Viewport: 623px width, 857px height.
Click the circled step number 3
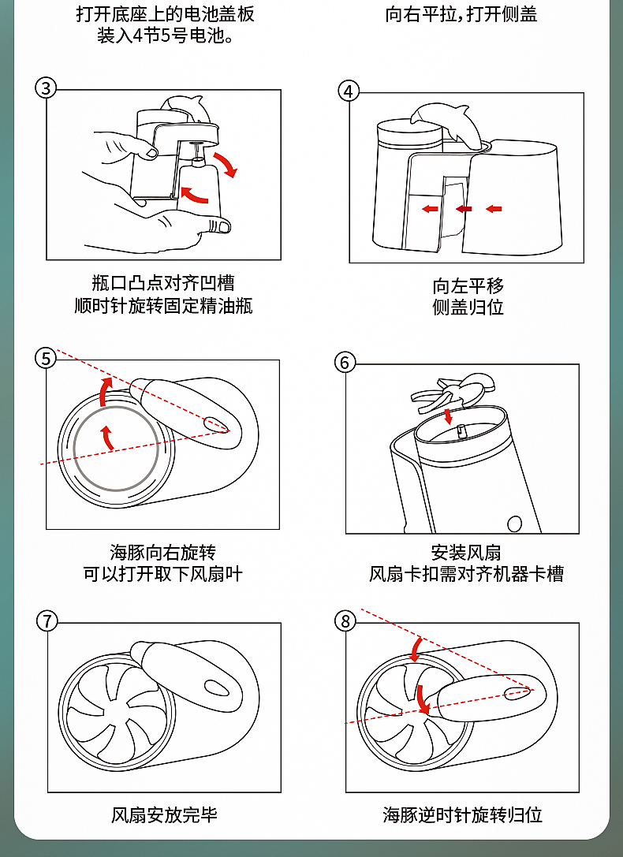tap(46, 88)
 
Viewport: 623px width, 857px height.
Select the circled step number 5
tap(46, 359)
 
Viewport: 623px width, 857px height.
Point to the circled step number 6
tap(345, 362)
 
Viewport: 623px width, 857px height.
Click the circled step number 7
tap(47, 621)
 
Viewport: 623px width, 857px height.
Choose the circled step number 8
tap(345, 621)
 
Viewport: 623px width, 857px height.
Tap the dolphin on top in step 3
tap(185, 109)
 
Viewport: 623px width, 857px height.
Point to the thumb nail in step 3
tap(222, 227)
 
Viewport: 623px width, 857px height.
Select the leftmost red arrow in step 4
tap(430, 209)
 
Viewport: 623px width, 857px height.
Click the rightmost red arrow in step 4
tap(494, 209)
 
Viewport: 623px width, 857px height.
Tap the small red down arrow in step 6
tap(449, 415)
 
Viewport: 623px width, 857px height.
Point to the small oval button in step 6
tap(515, 523)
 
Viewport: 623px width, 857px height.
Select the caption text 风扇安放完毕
tap(164, 814)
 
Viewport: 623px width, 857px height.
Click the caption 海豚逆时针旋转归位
tap(463, 814)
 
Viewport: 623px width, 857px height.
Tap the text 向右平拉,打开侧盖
tap(461, 14)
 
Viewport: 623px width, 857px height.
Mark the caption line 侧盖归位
tap(468, 307)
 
